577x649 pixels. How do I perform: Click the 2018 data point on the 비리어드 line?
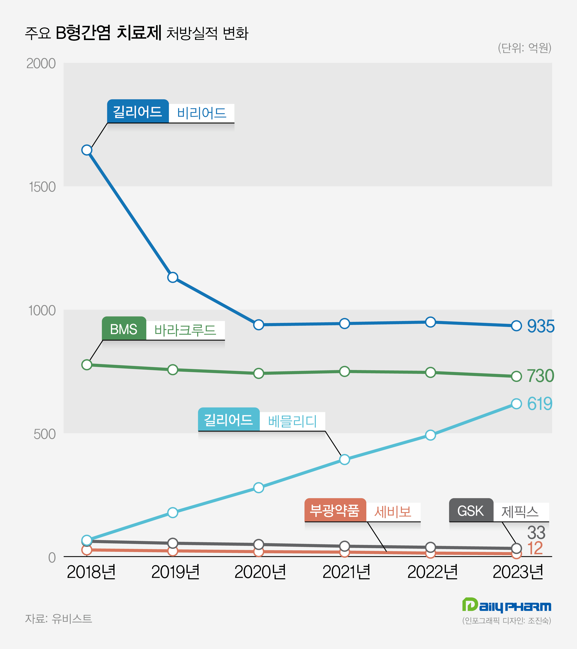[x=87, y=150]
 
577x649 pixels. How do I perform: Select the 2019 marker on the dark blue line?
[x=173, y=277]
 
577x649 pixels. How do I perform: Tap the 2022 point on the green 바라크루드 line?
[x=430, y=372]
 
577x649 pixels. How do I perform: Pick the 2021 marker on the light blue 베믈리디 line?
[x=344, y=460]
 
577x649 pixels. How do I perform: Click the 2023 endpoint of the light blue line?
[x=516, y=404]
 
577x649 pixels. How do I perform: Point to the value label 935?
[x=541, y=326]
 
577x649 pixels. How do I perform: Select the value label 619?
[x=539, y=404]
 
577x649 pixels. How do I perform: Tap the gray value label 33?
[x=536, y=533]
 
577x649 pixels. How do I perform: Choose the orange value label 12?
[x=535, y=548]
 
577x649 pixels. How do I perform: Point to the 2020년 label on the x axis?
[x=260, y=572]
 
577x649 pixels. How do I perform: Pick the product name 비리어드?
[x=202, y=113]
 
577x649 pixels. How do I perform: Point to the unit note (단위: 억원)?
[x=524, y=48]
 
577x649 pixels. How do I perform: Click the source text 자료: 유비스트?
[x=58, y=619]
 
